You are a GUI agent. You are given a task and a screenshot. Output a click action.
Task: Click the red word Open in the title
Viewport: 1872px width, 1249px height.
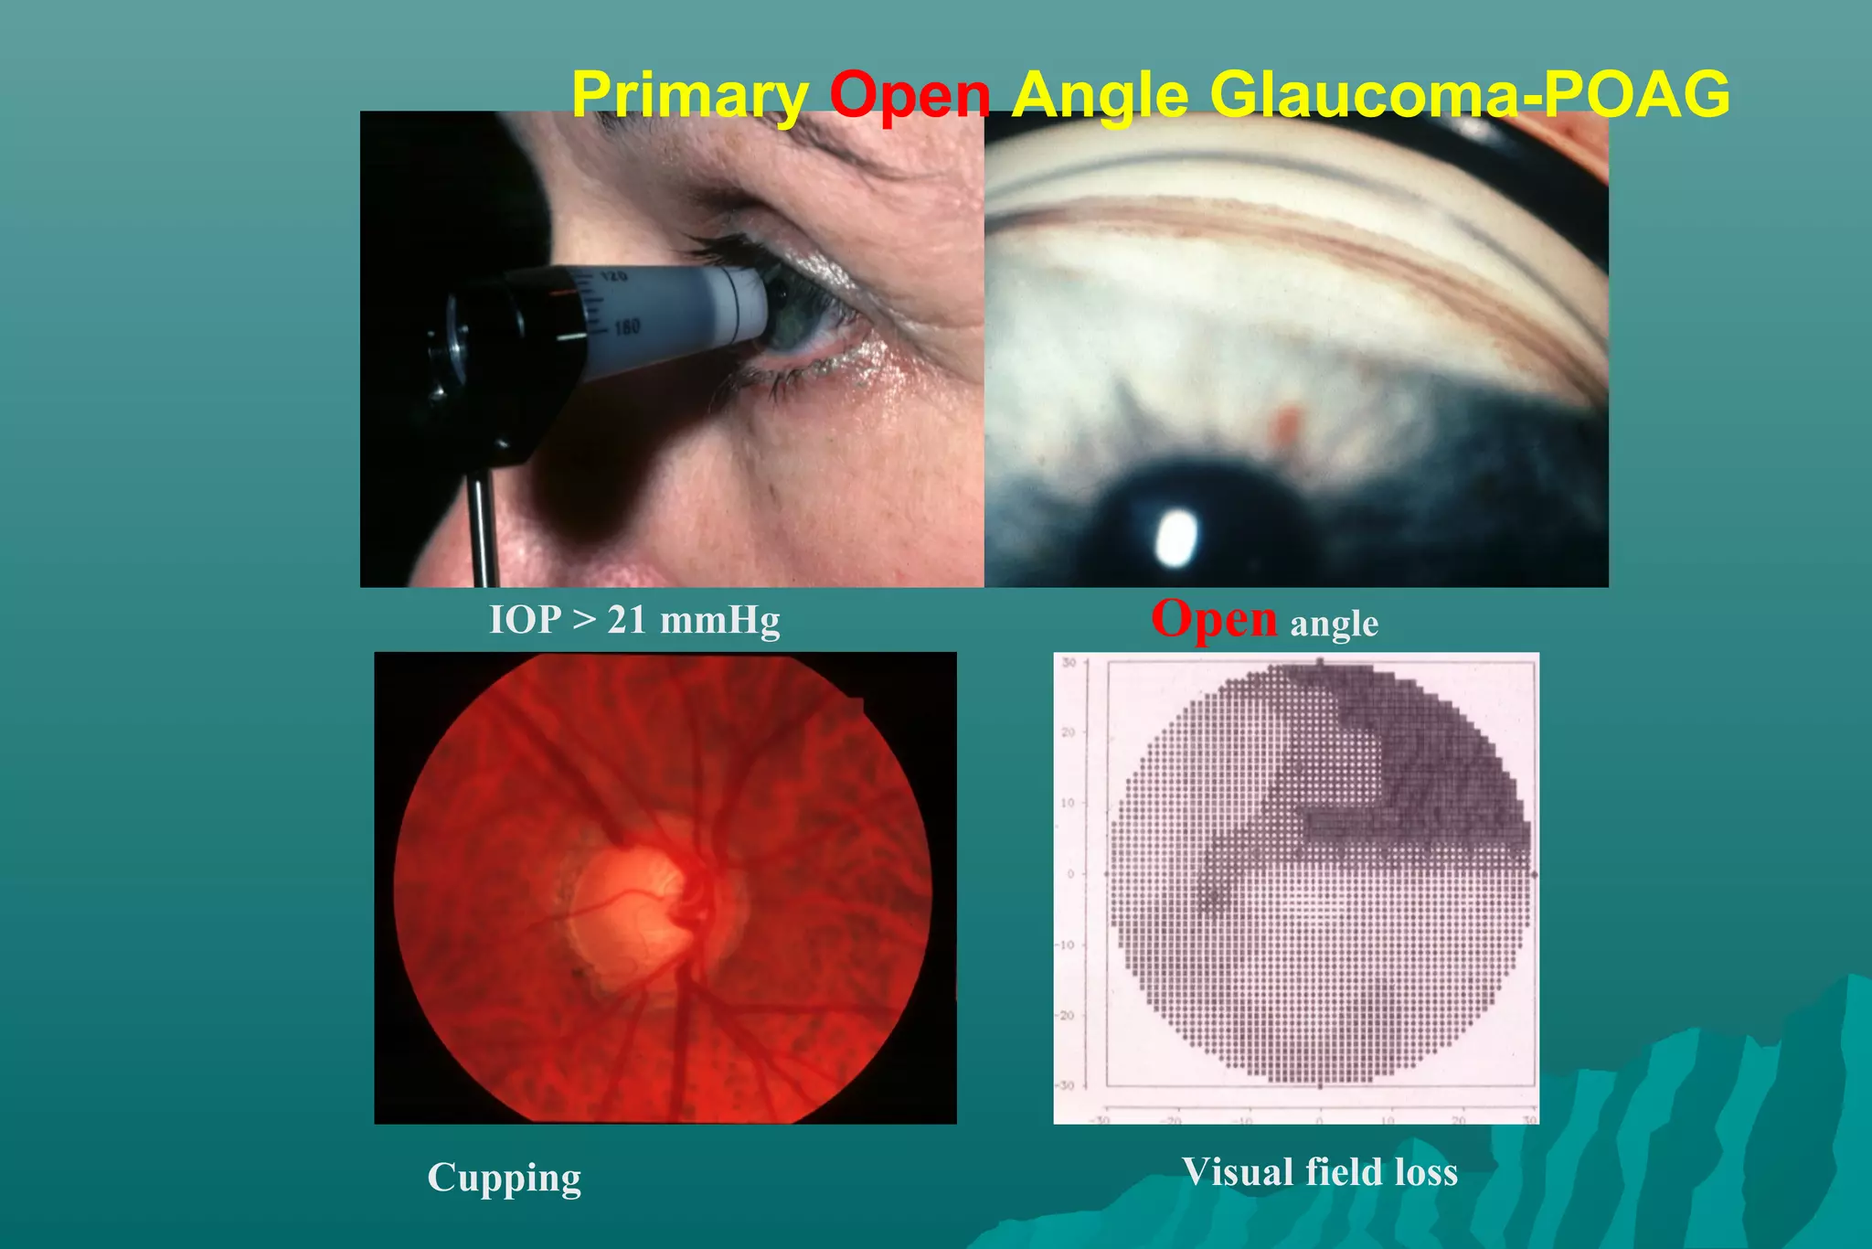point(909,95)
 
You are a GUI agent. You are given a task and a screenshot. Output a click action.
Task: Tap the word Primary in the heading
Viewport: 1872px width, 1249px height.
point(690,95)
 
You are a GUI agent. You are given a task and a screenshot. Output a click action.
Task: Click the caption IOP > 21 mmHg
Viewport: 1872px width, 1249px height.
point(634,620)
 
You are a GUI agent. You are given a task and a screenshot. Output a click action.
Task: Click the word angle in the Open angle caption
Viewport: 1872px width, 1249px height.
point(1334,624)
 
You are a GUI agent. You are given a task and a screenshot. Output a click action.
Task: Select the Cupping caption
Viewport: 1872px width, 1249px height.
point(504,1178)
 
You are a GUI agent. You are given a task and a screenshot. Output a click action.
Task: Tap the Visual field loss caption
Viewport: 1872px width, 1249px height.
point(1319,1172)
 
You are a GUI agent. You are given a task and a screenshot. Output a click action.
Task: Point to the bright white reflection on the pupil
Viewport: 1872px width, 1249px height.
point(1175,537)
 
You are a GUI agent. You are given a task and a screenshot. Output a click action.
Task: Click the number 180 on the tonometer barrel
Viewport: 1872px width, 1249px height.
point(627,326)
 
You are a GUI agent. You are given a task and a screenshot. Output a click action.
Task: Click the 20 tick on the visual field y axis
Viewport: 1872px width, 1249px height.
point(1068,732)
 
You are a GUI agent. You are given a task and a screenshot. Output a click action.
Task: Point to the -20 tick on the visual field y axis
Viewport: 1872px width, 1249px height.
point(1066,1016)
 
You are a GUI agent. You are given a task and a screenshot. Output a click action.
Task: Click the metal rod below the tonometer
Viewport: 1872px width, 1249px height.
point(482,530)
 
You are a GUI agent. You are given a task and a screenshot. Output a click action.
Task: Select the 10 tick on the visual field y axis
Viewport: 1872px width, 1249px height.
point(1068,803)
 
